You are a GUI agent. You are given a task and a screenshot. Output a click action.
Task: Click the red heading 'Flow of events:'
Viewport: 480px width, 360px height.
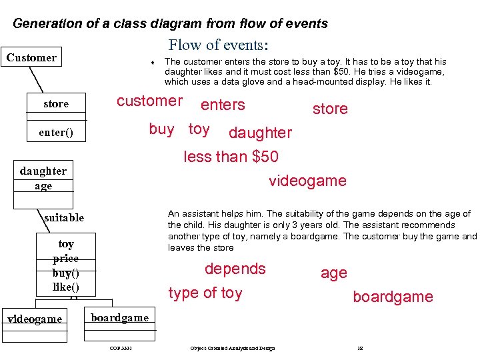[x=218, y=45]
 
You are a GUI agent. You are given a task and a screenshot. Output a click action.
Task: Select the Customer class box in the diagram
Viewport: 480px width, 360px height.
[x=31, y=57]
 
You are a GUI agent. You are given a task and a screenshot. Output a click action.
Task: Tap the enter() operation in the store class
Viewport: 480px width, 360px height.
[x=56, y=132]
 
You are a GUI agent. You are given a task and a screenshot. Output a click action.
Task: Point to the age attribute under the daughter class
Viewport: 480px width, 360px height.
[x=43, y=186]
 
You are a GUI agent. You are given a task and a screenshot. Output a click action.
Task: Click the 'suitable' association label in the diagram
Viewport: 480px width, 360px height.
[x=64, y=217]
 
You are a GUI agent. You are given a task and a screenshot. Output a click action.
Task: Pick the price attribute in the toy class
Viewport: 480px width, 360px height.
[x=66, y=258]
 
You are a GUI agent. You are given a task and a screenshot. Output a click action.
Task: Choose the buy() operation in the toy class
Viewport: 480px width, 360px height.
[x=66, y=273]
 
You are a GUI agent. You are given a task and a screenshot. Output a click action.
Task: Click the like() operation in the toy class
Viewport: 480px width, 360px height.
[x=66, y=287]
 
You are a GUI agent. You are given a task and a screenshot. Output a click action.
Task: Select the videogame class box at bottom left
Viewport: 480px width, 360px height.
[x=34, y=319]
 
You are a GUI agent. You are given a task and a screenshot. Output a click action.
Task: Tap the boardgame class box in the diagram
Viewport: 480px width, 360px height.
[x=120, y=318]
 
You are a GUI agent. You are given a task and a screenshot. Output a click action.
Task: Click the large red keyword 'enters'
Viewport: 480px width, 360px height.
[x=223, y=105]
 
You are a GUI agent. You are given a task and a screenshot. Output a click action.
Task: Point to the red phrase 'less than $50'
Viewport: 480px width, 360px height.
[x=231, y=157]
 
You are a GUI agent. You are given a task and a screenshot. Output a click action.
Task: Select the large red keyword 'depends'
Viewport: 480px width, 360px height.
[x=235, y=269]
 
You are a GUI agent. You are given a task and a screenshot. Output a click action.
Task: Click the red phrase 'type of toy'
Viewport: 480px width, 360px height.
[x=205, y=293]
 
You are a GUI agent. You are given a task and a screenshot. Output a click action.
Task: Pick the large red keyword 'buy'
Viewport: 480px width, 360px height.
[x=162, y=129]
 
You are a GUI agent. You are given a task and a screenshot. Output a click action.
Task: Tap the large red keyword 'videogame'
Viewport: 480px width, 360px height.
[x=307, y=181]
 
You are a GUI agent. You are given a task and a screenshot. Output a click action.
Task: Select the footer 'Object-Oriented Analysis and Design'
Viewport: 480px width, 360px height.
[x=232, y=348]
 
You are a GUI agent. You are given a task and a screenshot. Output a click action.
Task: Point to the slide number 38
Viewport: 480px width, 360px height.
[x=360, y=348]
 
